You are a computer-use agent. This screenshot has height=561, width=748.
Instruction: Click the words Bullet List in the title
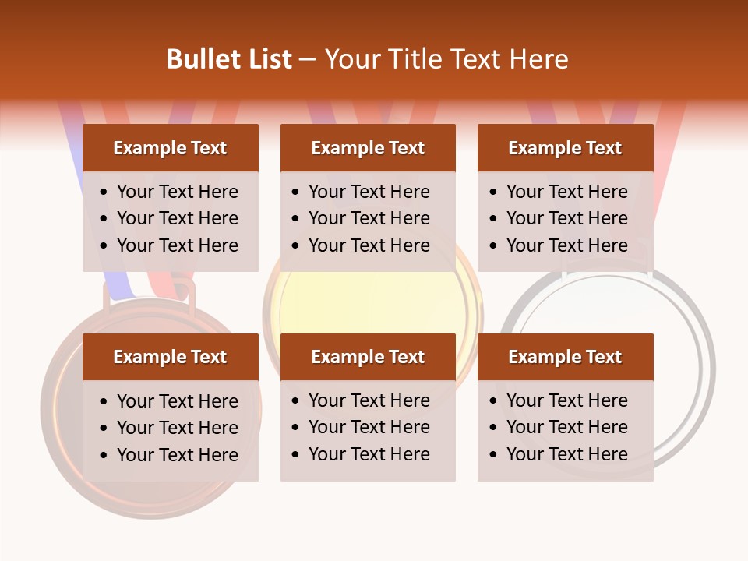[229, 59]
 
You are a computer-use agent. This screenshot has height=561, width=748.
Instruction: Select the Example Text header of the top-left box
[170, 148]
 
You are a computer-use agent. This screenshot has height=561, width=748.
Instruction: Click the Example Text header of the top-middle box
[368, 148]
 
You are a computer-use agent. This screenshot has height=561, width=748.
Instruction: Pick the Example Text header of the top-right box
[565, 148]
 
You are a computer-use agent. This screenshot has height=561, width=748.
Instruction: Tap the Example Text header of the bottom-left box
[170, 357]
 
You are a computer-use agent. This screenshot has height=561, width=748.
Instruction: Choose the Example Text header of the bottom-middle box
[368, 357]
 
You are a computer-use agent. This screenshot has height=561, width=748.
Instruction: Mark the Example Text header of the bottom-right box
[565, 357]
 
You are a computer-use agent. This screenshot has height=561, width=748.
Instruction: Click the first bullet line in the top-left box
[177, 192]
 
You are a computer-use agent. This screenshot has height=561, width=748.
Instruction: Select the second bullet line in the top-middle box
[369, 218]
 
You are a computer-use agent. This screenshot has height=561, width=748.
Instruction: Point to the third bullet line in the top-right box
[566, 245]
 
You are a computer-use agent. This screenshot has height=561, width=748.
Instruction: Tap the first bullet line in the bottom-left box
[177, 401]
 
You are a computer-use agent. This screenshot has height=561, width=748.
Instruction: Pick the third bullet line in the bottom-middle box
[369, 454]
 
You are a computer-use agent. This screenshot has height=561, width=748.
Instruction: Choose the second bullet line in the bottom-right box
[566, 427]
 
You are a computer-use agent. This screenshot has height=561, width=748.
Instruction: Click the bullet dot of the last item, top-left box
[104, 245]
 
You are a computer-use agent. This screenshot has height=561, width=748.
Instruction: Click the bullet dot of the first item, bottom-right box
[493, 400]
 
